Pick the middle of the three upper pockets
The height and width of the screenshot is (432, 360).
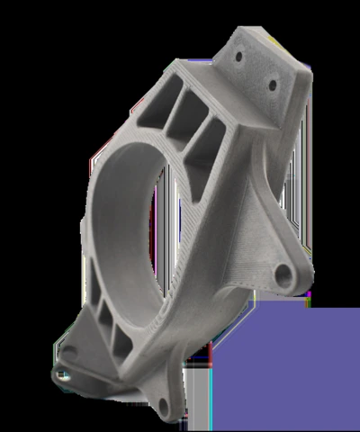tap(191, 113)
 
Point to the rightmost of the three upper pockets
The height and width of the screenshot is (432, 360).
tap(211, 137)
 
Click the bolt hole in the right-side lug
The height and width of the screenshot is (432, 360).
tap(285, 272)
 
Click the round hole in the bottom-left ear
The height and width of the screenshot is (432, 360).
tap(60, 375)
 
